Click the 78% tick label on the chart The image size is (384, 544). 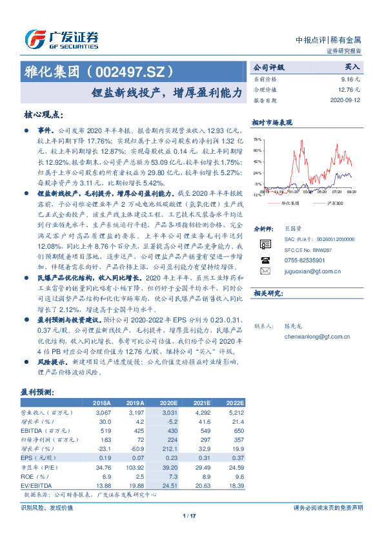point(257,140)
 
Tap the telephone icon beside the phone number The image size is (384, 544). point(265,260)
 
